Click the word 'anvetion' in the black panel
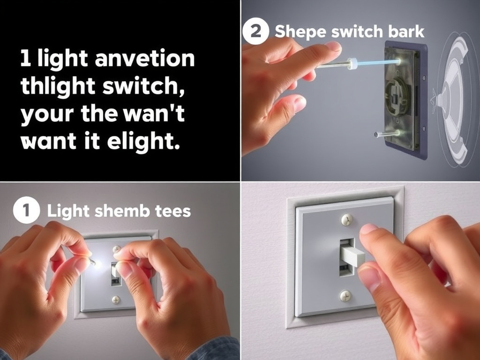pyautogui.click(x=144, y=59)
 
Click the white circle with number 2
pyautogui.click(x=255, y=32)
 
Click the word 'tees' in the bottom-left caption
pyautogui.click(x=172, y=211)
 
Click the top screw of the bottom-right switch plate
pyautogui.click(x=346, y=219)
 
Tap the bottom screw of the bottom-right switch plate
pyautogui.click(x=345, y=295)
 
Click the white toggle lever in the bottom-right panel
pyautogui.click(x=353, y=256)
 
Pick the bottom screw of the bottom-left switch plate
pyautogui.click(x=116, y=300)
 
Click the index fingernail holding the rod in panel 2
pyautogui.click(x=333, y=46)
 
